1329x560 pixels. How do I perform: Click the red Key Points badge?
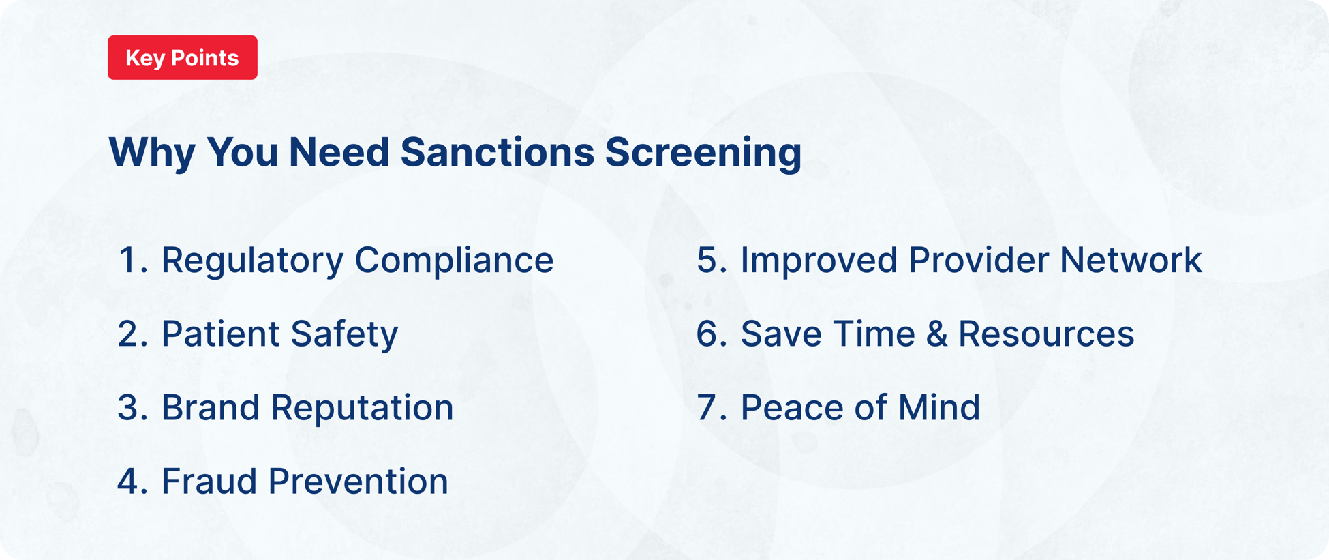182,58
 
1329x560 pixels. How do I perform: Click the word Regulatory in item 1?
252,261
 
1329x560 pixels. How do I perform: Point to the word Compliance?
454,261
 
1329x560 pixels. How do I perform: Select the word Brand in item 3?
210,408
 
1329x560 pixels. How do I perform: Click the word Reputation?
362,408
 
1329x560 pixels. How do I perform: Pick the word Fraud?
209,482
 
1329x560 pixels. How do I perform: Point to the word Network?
1131,261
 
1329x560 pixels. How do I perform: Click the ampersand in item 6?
937,334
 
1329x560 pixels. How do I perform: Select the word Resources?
1046,334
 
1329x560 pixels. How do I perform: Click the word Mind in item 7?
939,408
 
